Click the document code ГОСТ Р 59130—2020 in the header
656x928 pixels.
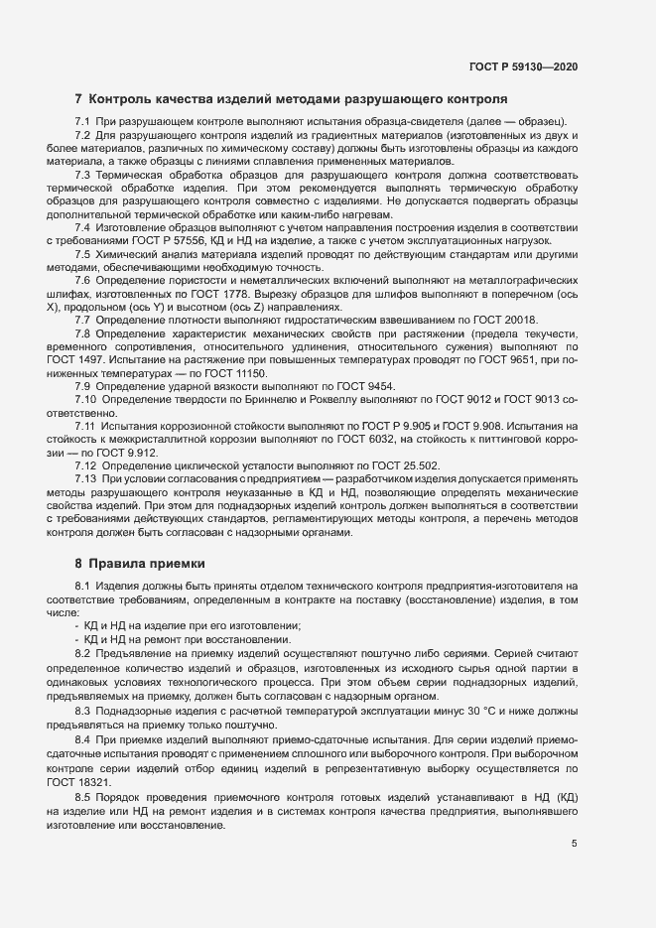pos(522,66)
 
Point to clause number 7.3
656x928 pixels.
pos(83,175)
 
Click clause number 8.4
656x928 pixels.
pos(83,739)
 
